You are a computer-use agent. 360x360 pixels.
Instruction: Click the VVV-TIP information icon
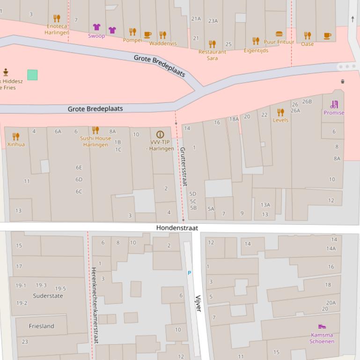[160, 134]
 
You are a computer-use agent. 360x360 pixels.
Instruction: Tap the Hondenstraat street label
[177, 228]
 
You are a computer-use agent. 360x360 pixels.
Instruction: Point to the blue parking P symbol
[189, 273]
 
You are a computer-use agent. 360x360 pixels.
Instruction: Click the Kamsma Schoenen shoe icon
[322, 326]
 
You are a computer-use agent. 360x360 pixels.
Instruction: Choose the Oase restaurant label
[307, 44]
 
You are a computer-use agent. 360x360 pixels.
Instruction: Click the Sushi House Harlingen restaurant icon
[96, 130]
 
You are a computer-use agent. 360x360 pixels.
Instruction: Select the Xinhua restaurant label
[16, 144]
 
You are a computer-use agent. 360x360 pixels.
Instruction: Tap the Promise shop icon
[334, 104]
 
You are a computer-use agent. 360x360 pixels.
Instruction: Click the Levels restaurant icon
[280, 112]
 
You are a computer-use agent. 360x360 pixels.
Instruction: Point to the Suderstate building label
[48, 296]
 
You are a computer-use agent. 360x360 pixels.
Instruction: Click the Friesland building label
[41, 326]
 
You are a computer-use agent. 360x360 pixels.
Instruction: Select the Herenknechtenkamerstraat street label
[95, 306]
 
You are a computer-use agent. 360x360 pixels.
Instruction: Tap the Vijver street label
[198, 303]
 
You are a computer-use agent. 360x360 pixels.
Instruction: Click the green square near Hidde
[32, 75]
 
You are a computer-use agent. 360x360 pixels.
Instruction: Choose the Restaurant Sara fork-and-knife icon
[212, 44]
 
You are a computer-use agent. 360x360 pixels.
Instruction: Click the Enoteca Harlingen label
[57, 29]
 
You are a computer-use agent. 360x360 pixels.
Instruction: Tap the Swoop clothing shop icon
[96, 27]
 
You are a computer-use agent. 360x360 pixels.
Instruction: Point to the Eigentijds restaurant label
[256, 50]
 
